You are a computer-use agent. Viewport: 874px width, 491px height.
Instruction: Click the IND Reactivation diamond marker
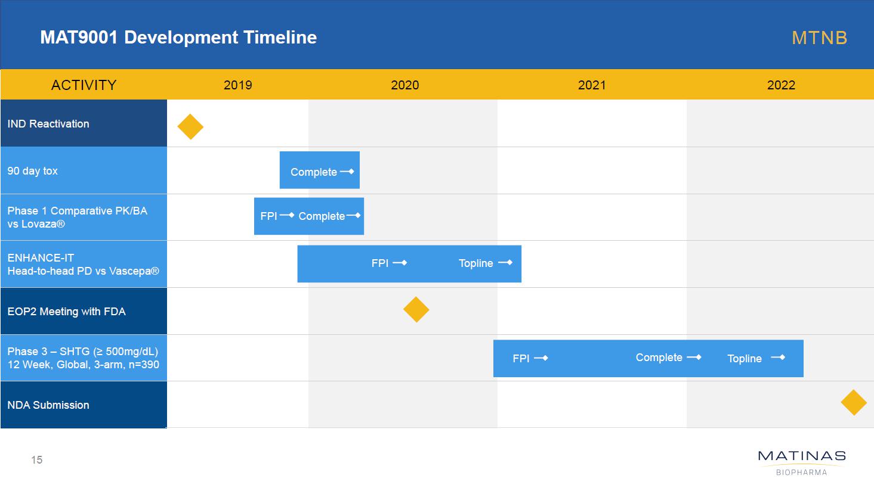pyautogui.click(x=190, y=127)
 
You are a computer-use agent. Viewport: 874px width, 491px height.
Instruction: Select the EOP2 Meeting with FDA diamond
pyautogui.click(x=416, y=309)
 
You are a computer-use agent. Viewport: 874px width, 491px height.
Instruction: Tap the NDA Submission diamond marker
pyautogui.click(x=854, y=403)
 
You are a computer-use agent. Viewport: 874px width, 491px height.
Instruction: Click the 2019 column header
pyautogui.click(x=237, y=85)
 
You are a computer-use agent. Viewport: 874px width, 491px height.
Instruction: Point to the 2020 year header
pyautogui.click(x=405, y=85)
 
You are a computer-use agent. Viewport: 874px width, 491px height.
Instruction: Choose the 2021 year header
pyautogui.click(x=592, y=85)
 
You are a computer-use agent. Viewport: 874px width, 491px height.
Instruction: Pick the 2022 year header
pyautogui.click(x=781, y=85)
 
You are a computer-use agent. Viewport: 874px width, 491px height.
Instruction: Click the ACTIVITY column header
pyautogui.click(x=84, y=85)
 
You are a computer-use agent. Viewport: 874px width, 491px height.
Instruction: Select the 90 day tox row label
pyautogui.click(x=32, y=170)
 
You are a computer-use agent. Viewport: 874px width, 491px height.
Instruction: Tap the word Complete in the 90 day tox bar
pyautogui.click(x=314, y=172)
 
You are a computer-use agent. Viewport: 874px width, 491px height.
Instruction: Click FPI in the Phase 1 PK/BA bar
pyautogui.click(x=268, y=216)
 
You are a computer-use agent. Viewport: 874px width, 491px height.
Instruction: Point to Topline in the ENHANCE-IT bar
pyautogui.click(x=475, y=263)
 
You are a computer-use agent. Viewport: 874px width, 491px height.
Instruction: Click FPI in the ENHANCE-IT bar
pyautogui.click(x=379, y=263)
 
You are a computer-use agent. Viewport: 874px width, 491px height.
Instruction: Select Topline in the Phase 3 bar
pyautogui.click(x=745, y=358)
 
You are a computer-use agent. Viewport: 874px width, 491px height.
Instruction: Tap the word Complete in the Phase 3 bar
pyautogui.click(x=659, y=358)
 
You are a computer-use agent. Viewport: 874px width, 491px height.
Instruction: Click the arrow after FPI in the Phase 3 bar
pyautogui.click(x=541, y=358)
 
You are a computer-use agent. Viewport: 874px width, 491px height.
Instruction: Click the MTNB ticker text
pyautogui.click(x=819, y=38)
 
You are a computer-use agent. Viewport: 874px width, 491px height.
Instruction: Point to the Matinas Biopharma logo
pyautogui.click(x=802, y=463)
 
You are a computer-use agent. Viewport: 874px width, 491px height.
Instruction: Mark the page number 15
pyautogui.click(x=36, y=460)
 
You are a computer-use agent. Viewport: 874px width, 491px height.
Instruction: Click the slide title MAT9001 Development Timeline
pyautogui.click(x=178, y=38)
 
